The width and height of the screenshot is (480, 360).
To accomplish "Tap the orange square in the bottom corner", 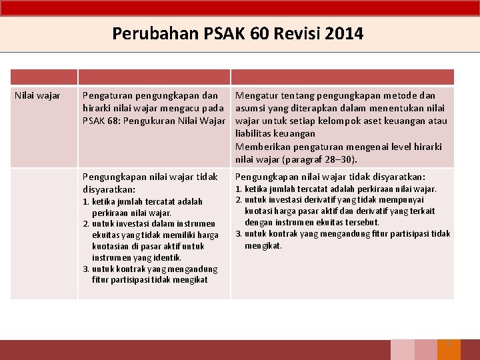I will [449, 349].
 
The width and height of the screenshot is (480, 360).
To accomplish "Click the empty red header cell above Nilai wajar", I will [43, 77].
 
